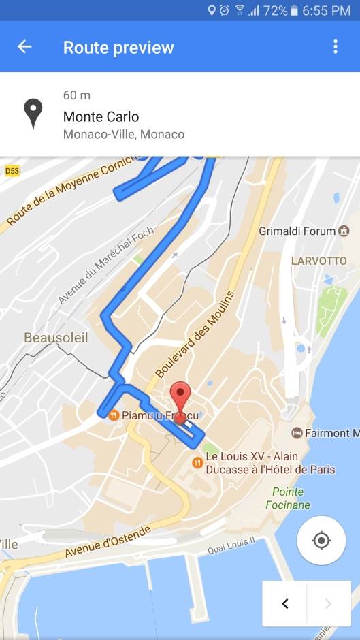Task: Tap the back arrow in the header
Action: (24, 46)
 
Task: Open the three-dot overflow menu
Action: (335, 46)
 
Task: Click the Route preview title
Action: (118, 47)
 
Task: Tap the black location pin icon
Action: (33, 114)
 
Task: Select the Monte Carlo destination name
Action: (101, 116)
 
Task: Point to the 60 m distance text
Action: (77, 95)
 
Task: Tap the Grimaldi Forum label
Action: (297, 231)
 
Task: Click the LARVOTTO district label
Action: (318, 261)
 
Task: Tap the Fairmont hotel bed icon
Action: (297, 433)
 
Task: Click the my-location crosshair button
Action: (321, 541)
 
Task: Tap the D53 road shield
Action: (12, 170)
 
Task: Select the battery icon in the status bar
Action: (294, 10)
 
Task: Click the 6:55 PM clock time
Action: (327, 10)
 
